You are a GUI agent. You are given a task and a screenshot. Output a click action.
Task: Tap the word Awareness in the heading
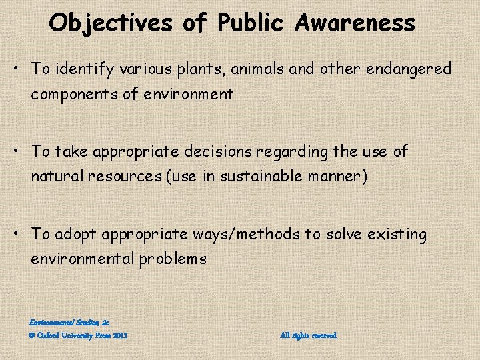(x=356, y=23)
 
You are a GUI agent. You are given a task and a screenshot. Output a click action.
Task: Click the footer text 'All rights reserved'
(x=309, y=335)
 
